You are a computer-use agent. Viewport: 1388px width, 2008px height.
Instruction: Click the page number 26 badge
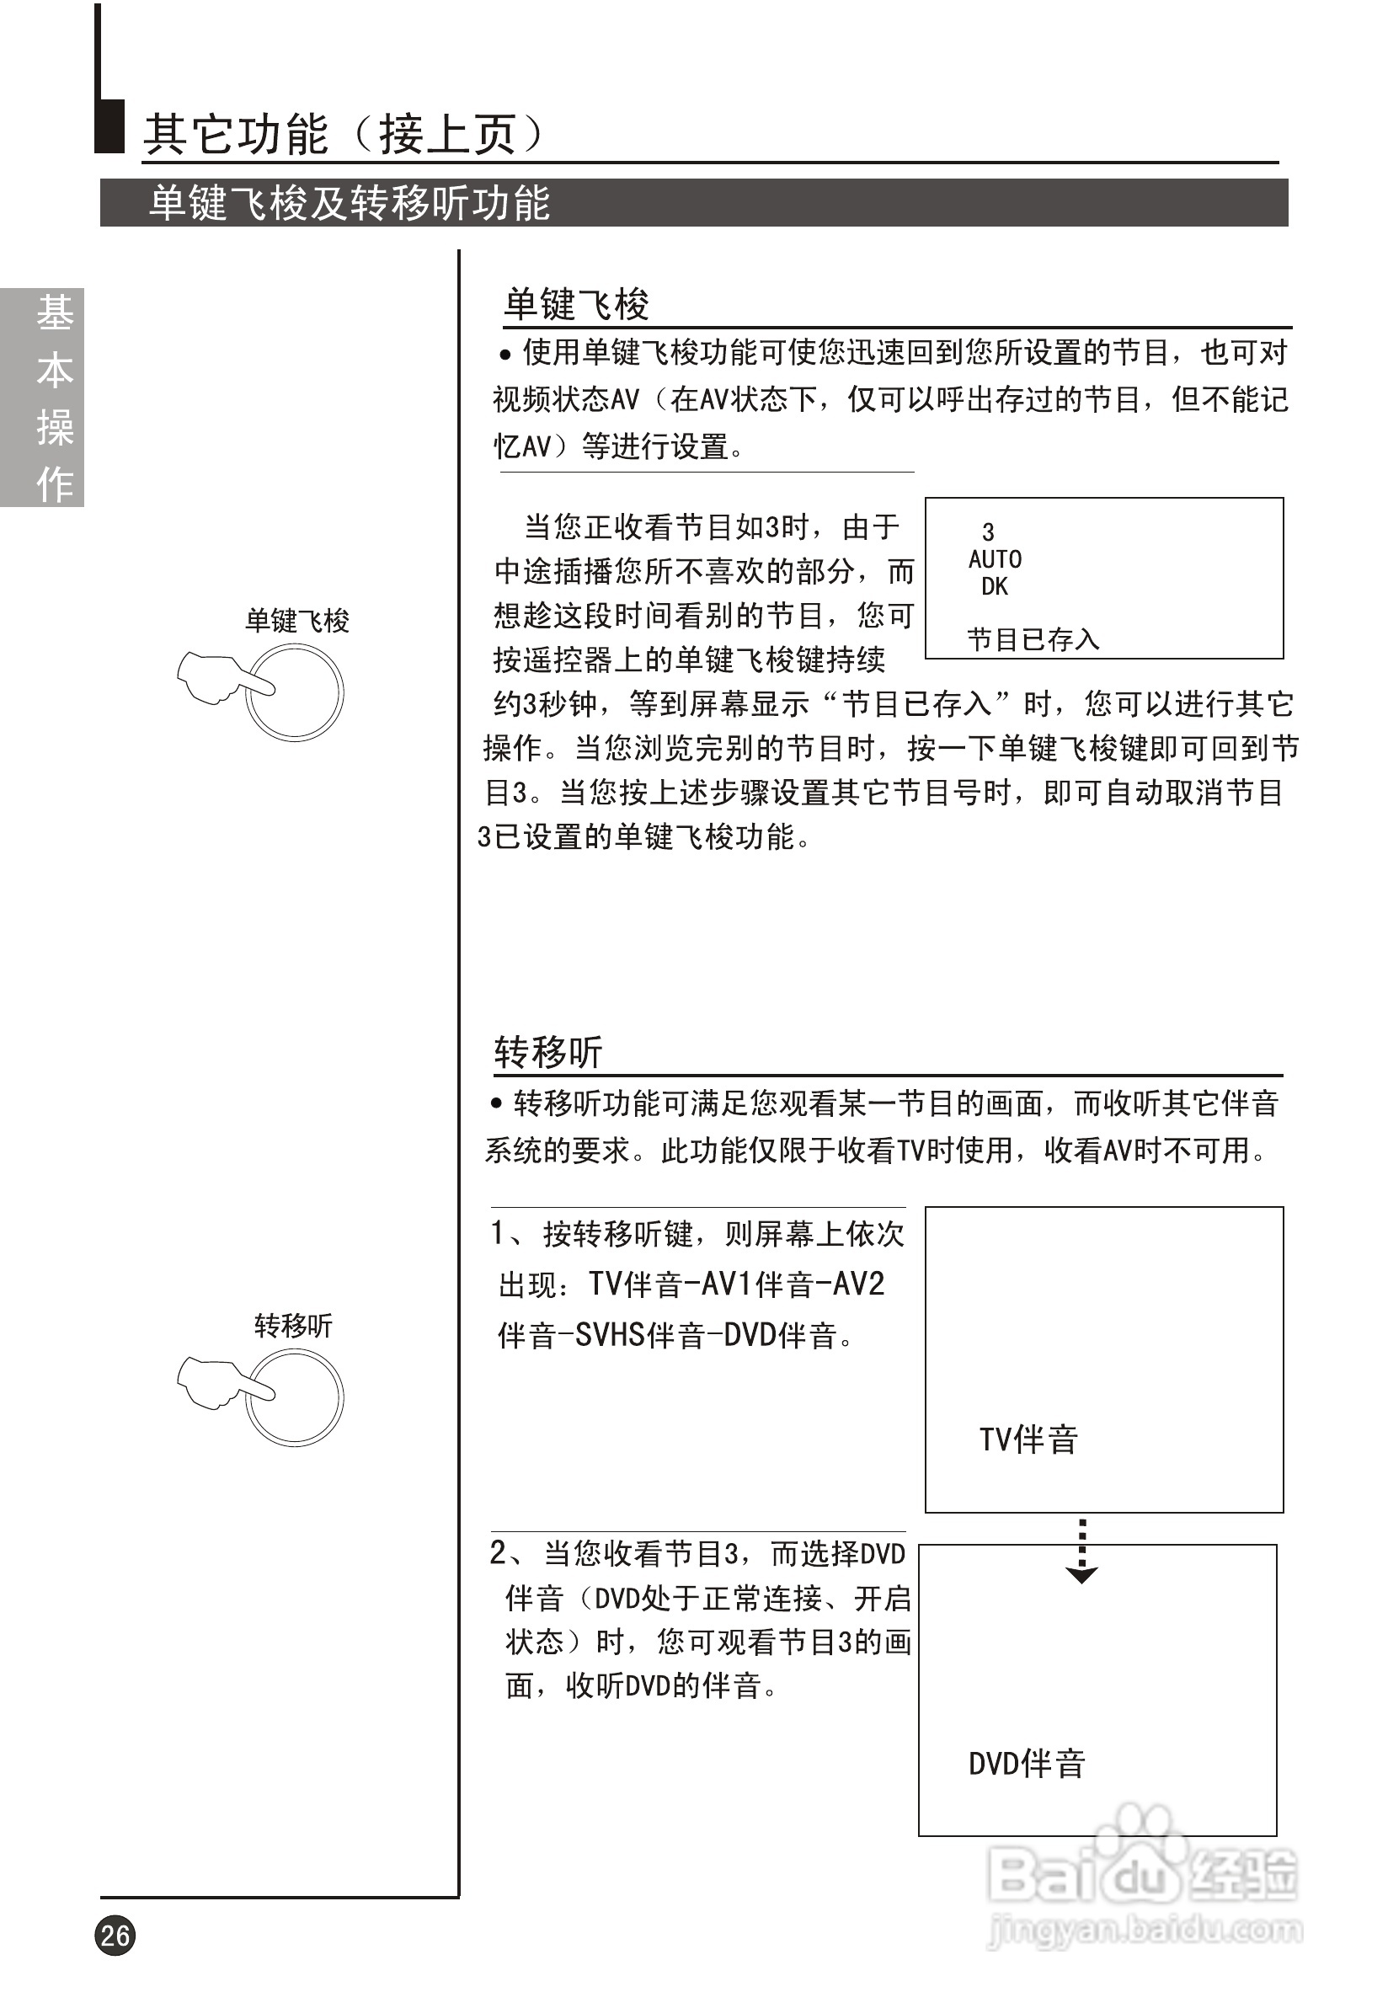click(115, 1935)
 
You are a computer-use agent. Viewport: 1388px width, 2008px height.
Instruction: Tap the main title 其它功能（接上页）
click(344, 134)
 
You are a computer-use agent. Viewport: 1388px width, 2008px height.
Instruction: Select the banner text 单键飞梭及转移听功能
click(349, 204)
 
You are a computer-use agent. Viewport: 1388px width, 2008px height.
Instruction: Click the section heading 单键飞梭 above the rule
click(577, 304)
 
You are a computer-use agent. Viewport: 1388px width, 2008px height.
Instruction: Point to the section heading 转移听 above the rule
click(548, 1052)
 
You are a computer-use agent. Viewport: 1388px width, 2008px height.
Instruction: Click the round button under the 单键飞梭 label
click(296, 693)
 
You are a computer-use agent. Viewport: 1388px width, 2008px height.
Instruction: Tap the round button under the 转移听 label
click(296, 1398)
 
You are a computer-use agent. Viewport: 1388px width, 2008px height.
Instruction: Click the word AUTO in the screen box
click(995, 559)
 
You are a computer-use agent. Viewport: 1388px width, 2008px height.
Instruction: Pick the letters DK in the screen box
click(994, 587)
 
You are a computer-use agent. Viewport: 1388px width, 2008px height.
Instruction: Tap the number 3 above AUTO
click(988, 531)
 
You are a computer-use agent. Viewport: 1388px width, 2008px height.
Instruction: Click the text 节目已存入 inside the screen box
click(1033, 640)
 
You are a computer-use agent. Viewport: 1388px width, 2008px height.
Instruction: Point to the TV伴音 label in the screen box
click(1028, 1440)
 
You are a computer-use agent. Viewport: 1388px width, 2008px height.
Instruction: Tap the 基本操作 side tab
click(42, 398)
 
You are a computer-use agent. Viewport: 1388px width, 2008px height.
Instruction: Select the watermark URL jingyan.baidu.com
click(1145, 1931)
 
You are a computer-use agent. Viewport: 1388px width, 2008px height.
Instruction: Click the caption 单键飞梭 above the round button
click(296, 621)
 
